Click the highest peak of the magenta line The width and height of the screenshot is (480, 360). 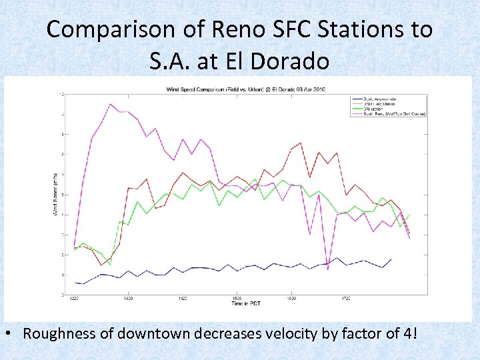110,104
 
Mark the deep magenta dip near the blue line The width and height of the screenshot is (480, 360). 327,269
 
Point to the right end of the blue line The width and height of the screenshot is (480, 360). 391,259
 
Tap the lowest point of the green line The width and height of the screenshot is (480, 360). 110,265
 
